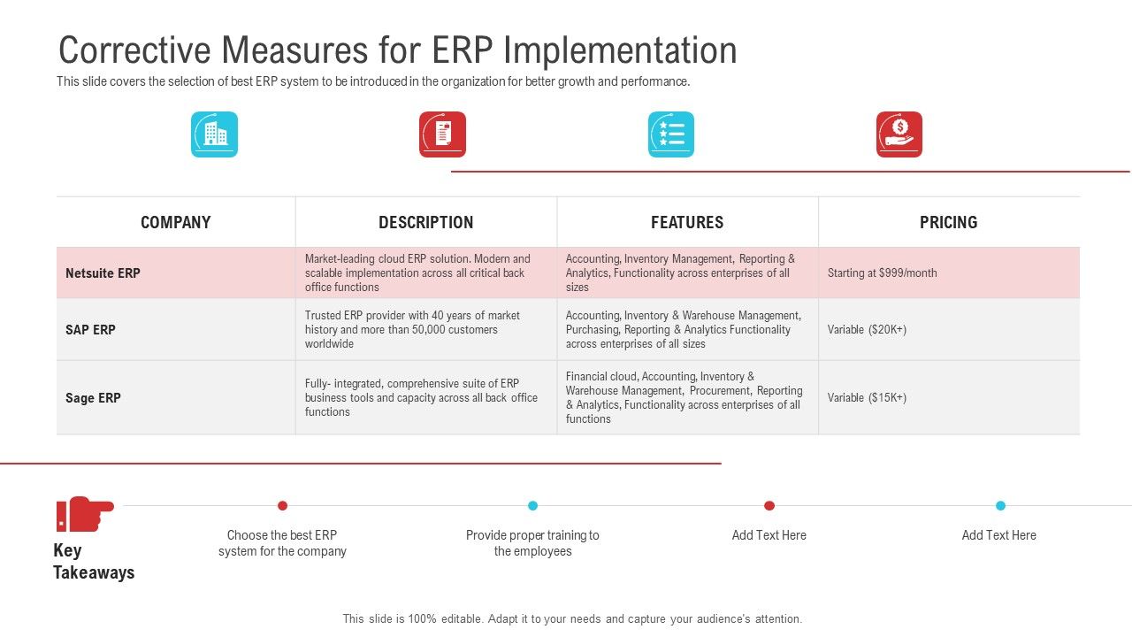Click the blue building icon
pos(214,134)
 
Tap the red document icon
pos(442,134)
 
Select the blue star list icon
pos(671,134)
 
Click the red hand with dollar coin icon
pos(899,134)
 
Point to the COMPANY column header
pos(175,222)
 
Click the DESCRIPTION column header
pos(426,222)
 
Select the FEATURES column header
pos(687,222)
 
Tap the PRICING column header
pos(949,222)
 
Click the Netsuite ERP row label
pos(103,273)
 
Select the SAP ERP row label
pos(90,330)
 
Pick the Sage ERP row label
pos(93,398)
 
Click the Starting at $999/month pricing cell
pos(882,273)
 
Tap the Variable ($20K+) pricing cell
pos(867,330)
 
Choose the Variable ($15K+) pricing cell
pos(867,398)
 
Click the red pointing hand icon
pos(85,514)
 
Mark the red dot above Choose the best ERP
pos(282,505)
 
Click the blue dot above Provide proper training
pos(532,505)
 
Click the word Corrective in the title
pos(134,50)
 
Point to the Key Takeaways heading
pos(94,561)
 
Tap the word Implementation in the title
pos(620,51)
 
